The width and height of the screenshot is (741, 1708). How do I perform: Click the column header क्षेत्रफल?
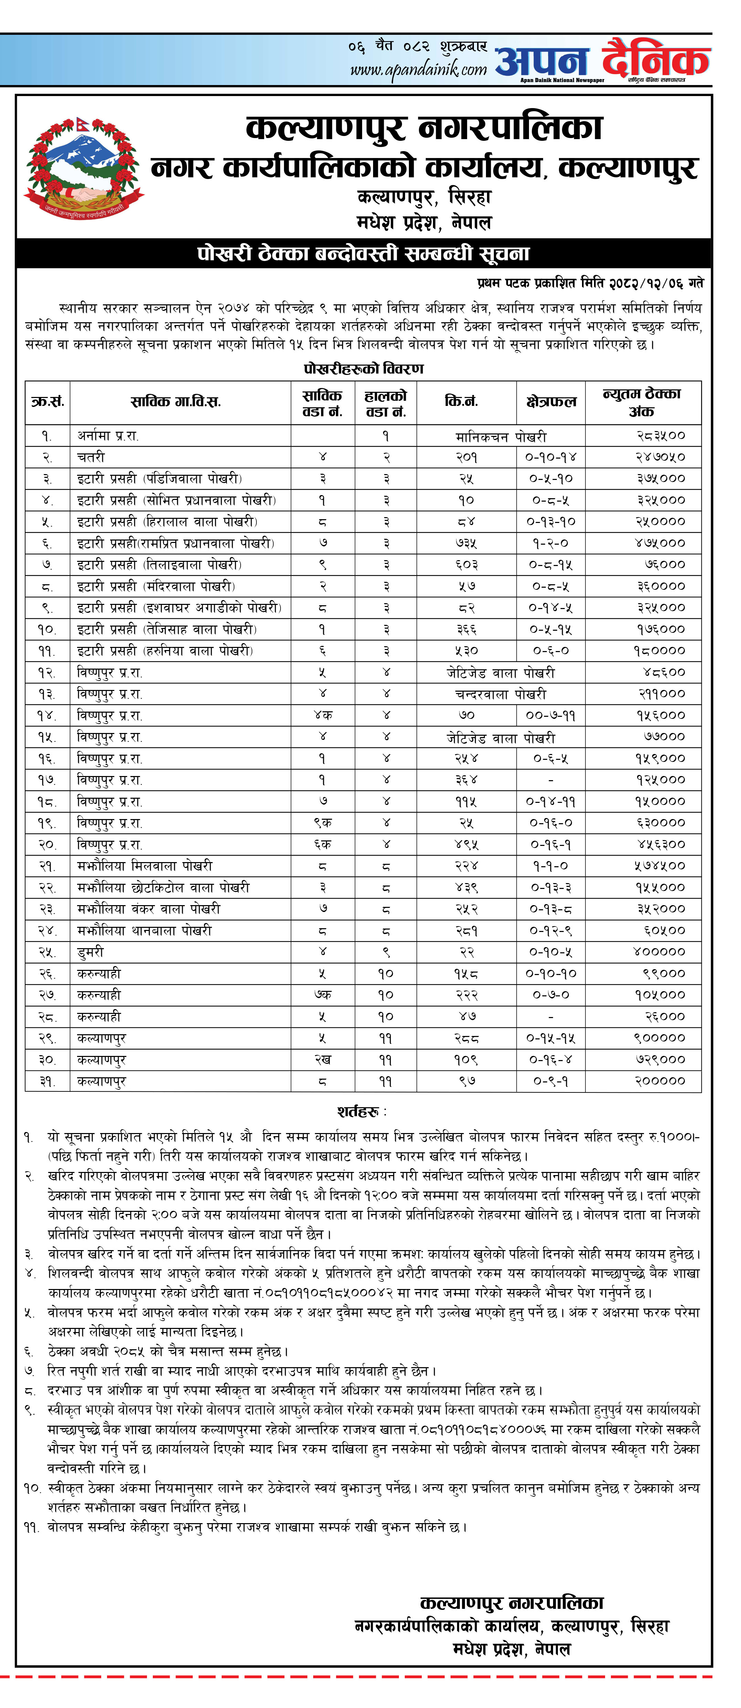pos(551,402)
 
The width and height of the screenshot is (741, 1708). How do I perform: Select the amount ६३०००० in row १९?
pos(660,823)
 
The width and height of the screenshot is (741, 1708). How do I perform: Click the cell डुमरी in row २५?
pos(91,952)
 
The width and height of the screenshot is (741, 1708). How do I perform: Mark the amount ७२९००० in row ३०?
pos(660,1060)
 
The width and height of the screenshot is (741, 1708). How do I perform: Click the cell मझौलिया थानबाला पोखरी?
pos(145,931)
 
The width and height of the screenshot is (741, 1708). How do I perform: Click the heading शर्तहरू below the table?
pos(361,1112)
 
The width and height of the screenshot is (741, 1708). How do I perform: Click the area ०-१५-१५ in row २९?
pos(551,1038)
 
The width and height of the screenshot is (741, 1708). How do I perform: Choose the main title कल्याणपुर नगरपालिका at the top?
pos(424,128)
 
